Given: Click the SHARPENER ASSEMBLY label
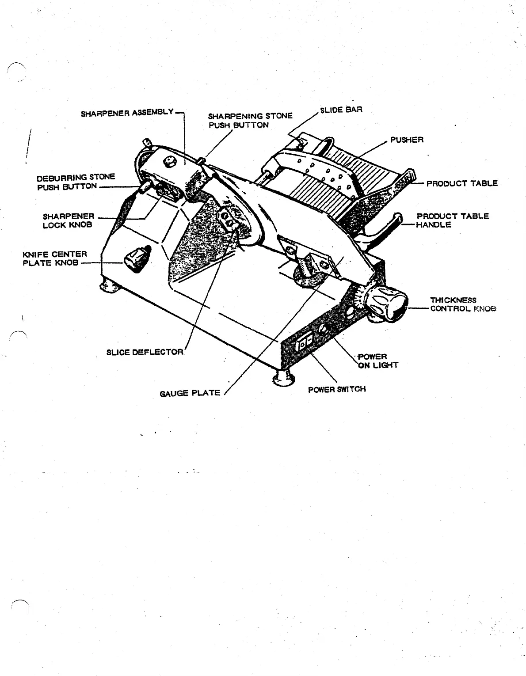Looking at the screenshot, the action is [127, 113].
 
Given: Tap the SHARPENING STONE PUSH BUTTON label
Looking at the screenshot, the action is [250, 120].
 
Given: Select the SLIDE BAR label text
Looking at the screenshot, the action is [341, 110].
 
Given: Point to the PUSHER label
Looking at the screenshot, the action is [407, 140].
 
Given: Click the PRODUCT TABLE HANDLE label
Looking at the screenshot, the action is [452, 220].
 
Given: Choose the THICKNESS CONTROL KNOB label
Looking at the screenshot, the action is [463, 304].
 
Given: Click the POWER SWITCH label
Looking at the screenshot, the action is [337, 389].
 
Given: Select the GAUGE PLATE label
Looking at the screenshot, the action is [190, 393].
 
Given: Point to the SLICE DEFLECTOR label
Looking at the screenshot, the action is [145, 352].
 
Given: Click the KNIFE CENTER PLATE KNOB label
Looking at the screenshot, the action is [54, 258].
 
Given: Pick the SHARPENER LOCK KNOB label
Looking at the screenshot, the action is [69, 220].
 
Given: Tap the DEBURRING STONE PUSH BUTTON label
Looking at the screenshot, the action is [76, 181].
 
